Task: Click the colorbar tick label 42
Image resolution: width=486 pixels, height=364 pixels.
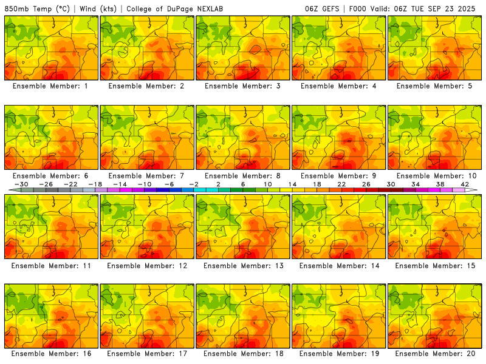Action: click(x=465, y=184)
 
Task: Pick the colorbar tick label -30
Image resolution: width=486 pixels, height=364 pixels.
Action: click(x=21, y=184)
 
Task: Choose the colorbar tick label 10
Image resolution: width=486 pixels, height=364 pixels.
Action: click(x=268, y=184)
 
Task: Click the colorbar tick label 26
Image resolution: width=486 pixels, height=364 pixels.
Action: click(x=367, y=184)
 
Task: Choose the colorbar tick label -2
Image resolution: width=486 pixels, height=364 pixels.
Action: click(x=194, y=184)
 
